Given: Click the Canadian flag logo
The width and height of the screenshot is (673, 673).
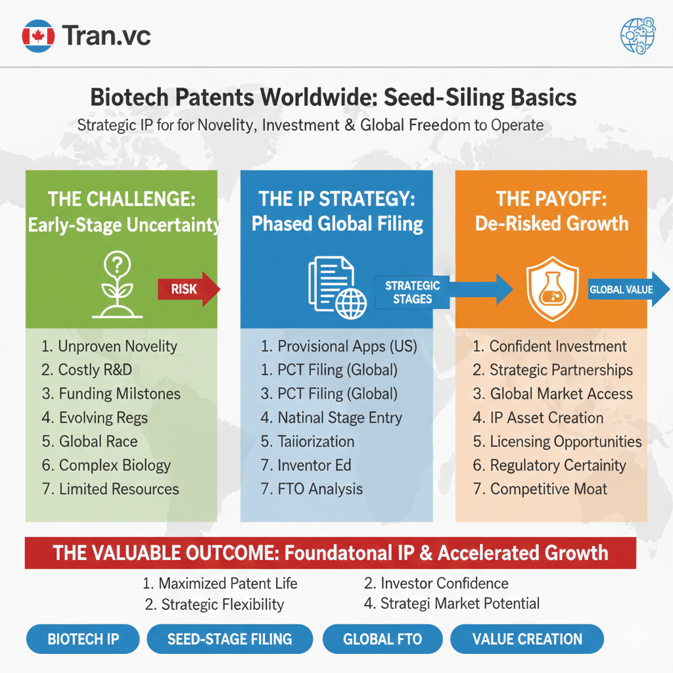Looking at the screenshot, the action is point(38,36).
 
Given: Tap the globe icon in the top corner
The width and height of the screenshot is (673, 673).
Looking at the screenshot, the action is point(638,35).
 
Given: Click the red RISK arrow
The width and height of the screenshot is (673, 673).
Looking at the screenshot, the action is point(189,289).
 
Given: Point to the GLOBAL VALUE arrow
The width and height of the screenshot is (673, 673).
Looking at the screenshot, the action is point(628,289).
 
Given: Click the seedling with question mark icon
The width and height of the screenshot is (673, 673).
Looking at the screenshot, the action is point(117,284).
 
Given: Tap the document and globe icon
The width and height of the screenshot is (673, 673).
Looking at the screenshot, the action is point(337,287).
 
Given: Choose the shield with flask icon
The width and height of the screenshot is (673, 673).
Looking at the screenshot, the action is point(552,289).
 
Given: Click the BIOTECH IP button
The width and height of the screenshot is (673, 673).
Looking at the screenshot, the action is point(83,639).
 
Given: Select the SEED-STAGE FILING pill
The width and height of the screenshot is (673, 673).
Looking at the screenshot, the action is point(229,639).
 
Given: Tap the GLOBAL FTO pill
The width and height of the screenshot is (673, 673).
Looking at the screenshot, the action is point(383,639).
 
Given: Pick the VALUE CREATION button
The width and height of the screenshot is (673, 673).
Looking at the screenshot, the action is point(527,639).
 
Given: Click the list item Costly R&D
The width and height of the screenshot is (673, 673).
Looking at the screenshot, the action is point(87,370).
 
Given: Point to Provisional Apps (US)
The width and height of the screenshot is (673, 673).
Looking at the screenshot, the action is point(339,346).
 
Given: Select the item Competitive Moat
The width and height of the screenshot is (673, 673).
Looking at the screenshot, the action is point(540,489).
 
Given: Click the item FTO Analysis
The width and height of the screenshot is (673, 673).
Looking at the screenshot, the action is point(312,489).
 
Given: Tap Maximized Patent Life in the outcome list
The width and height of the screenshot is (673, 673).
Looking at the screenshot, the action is point(220,584).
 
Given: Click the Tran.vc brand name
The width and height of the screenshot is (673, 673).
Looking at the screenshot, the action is point(106,35).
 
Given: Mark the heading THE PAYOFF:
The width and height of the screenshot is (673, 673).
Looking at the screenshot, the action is point(551,198).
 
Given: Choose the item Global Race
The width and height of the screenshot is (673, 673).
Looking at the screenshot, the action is point(89,441).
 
